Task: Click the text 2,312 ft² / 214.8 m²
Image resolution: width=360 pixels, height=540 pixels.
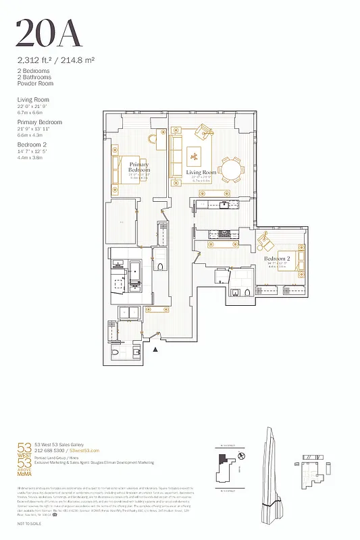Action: click(x=55, y=60)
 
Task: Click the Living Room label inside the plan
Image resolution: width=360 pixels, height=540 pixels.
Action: click(x=201, y=173)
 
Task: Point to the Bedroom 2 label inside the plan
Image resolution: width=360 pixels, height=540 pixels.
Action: click(x=277, y=259)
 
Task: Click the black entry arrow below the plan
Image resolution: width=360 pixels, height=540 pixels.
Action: click(x=156, y=349)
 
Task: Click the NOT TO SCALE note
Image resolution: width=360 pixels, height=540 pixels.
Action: click(x=29, y=524)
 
